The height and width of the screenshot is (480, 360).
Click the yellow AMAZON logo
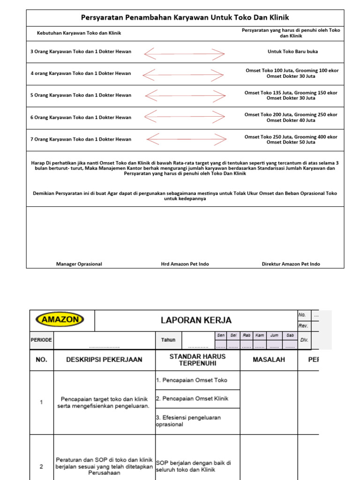[x=60, y=320]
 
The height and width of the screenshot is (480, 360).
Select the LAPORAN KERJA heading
[x=196, y=321]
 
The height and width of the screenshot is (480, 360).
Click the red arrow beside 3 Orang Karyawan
[x=185, y=54]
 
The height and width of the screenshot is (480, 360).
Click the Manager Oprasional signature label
[x=79, y=264]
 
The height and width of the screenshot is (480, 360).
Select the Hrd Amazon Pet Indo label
[x=185, y=264]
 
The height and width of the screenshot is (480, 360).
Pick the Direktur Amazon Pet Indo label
[x=291, y=264]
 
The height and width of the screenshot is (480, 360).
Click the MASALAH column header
[x=269, y=360]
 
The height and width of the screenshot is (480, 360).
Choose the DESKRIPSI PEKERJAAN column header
[x=104, y=360]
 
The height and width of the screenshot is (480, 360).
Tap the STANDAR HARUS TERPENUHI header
[x=197, y=360]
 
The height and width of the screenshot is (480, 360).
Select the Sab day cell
[x=290, y=336]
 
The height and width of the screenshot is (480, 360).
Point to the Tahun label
[x=168, y=340]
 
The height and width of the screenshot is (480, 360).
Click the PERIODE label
[x=41, y=340]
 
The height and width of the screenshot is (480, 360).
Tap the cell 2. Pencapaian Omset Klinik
[x=192, y=398]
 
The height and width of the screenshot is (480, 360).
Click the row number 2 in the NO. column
[x=41, y=466]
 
